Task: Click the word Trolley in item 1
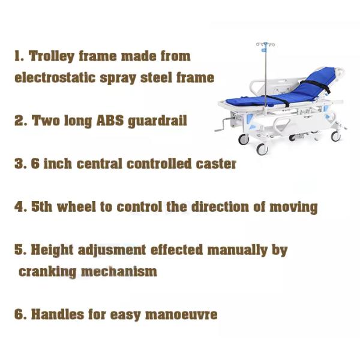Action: click(x=52, y=56)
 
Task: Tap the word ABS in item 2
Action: click(x=110, y=120)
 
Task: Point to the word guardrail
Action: click(x=157, y=121)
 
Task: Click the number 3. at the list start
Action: click(x=20, y=163)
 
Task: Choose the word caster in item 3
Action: click(x=216, y=164)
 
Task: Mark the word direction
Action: click(x=220, y=206)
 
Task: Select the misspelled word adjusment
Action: click(x=112, y=250)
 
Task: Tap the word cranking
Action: click(x=47, y=272)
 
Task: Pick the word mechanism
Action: click(x=119, y=271)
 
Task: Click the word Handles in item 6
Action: click(x=58, y=314)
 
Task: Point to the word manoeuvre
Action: click(x=181, y=314)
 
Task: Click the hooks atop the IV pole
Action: click(x=265, y=44)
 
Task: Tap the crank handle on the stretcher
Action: click(x=224, y=124)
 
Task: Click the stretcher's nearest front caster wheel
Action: click(x=262, y=149)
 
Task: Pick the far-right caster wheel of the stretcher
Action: click(x=335, y=136)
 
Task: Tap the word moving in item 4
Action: click(x=293, y=207)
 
